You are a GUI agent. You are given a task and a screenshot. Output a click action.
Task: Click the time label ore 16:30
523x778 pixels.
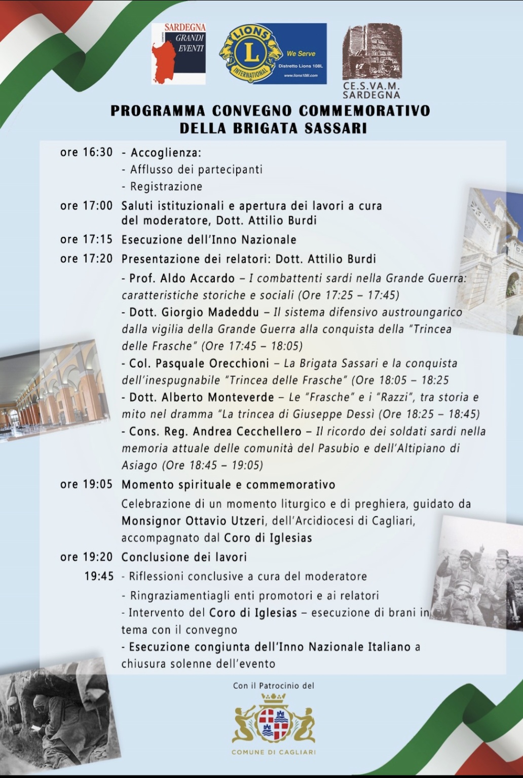pyautogui.click(x=86, y=152)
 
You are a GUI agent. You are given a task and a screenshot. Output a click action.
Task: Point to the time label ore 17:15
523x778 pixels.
pyautogui.click(x=86, y=239)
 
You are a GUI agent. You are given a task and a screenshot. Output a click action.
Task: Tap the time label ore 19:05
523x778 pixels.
pyautogui.click(x=86, y=484)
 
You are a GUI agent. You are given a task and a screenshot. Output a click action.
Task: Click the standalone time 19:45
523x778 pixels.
pyautogui.click(x=99, y=577)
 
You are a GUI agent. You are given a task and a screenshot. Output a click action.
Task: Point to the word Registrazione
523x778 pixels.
pyautogui.click(x=166, y=187)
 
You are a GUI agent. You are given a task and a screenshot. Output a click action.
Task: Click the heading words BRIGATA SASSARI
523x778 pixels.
pyautogui.click(x=300, y=128)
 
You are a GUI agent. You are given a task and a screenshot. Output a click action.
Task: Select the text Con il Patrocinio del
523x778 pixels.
pyautogui.click(x=274, y=686)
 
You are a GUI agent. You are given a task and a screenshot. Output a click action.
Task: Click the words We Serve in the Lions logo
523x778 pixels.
pyautogui.click(x=301, y=53)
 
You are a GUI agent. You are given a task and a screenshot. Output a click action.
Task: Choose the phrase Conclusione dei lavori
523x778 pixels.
pyautogui.click(x=184, y=557)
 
